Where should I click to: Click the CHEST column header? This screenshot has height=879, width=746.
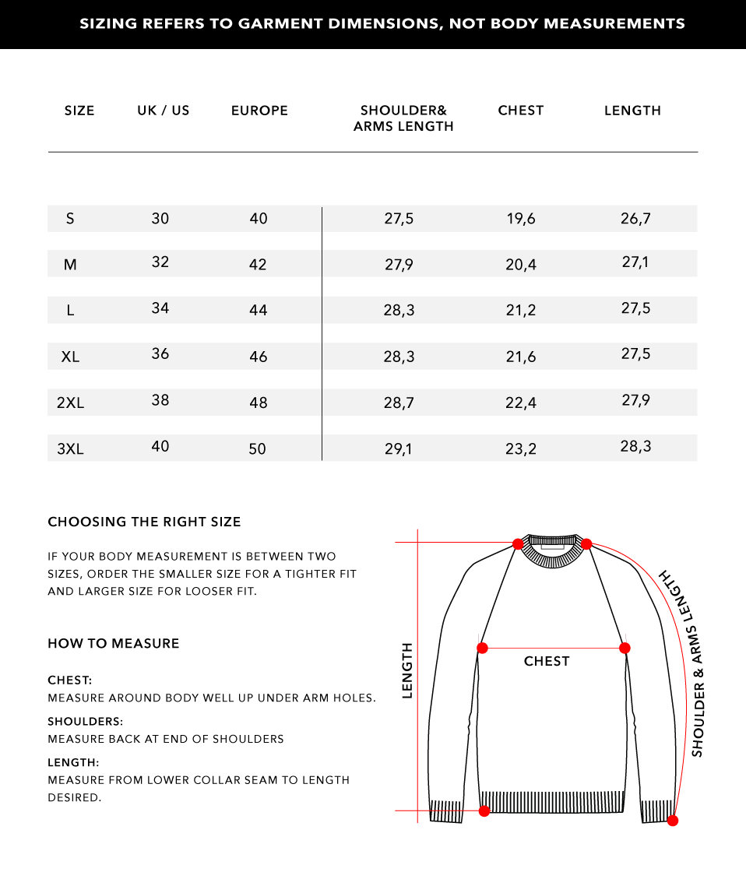[x=520, y=111]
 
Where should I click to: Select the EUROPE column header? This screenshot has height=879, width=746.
[x=259, y=111]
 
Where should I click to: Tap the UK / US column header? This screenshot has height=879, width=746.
[x=164, y=111]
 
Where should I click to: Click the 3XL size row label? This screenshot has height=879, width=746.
[x=70, y=449]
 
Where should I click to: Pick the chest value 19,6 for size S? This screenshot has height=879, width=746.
[x=521, y=219]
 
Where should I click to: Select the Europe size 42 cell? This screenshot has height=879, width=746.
[x=258, y=265]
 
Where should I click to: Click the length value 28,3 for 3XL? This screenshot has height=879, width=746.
[x=635, y=446]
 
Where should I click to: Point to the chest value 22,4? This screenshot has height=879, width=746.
[x=521, y=403]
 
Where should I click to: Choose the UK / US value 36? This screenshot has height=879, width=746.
[x=160, y=353]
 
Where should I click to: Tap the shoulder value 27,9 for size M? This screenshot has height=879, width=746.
[x=399, y=265]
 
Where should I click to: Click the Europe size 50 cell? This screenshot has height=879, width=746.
[x=258, y=449]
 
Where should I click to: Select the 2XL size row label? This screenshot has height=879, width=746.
[x=70, y=403]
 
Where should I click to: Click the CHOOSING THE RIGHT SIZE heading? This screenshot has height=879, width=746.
[x=144, y=522]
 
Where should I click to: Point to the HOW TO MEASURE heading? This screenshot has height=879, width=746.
[x=114, y=643]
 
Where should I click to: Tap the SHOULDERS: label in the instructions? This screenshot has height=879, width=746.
[x=86, y=722]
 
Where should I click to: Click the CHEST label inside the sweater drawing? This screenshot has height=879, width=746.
[x=547, y=661]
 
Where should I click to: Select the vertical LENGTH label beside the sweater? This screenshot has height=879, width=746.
[x=406, y=670]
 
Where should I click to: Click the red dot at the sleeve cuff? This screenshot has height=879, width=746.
[x=673, y=820]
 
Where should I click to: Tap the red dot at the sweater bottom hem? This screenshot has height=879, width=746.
[x=484, y=810]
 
